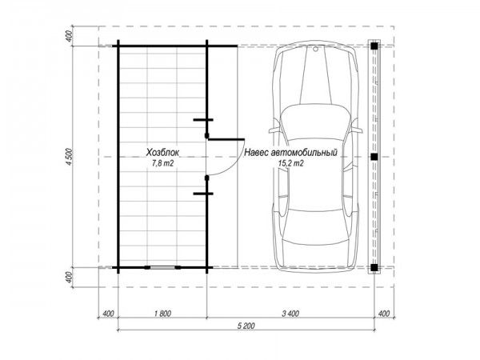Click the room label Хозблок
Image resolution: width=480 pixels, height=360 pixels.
[x=162, y=152]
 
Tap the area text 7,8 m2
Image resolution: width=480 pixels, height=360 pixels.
[x=163, y=163]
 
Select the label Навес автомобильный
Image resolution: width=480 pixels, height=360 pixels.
[x=291, y=152]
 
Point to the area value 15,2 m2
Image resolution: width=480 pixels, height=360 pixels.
[x=291, y=163]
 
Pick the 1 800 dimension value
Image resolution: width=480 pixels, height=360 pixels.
[x=162, y=314]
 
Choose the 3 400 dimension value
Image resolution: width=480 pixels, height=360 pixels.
[x=290, y=314]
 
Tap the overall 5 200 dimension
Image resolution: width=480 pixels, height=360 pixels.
[x=246, y=326]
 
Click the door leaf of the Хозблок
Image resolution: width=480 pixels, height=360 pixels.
[x=226, y=139]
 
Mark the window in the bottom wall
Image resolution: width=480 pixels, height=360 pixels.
[x=162, y=267]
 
